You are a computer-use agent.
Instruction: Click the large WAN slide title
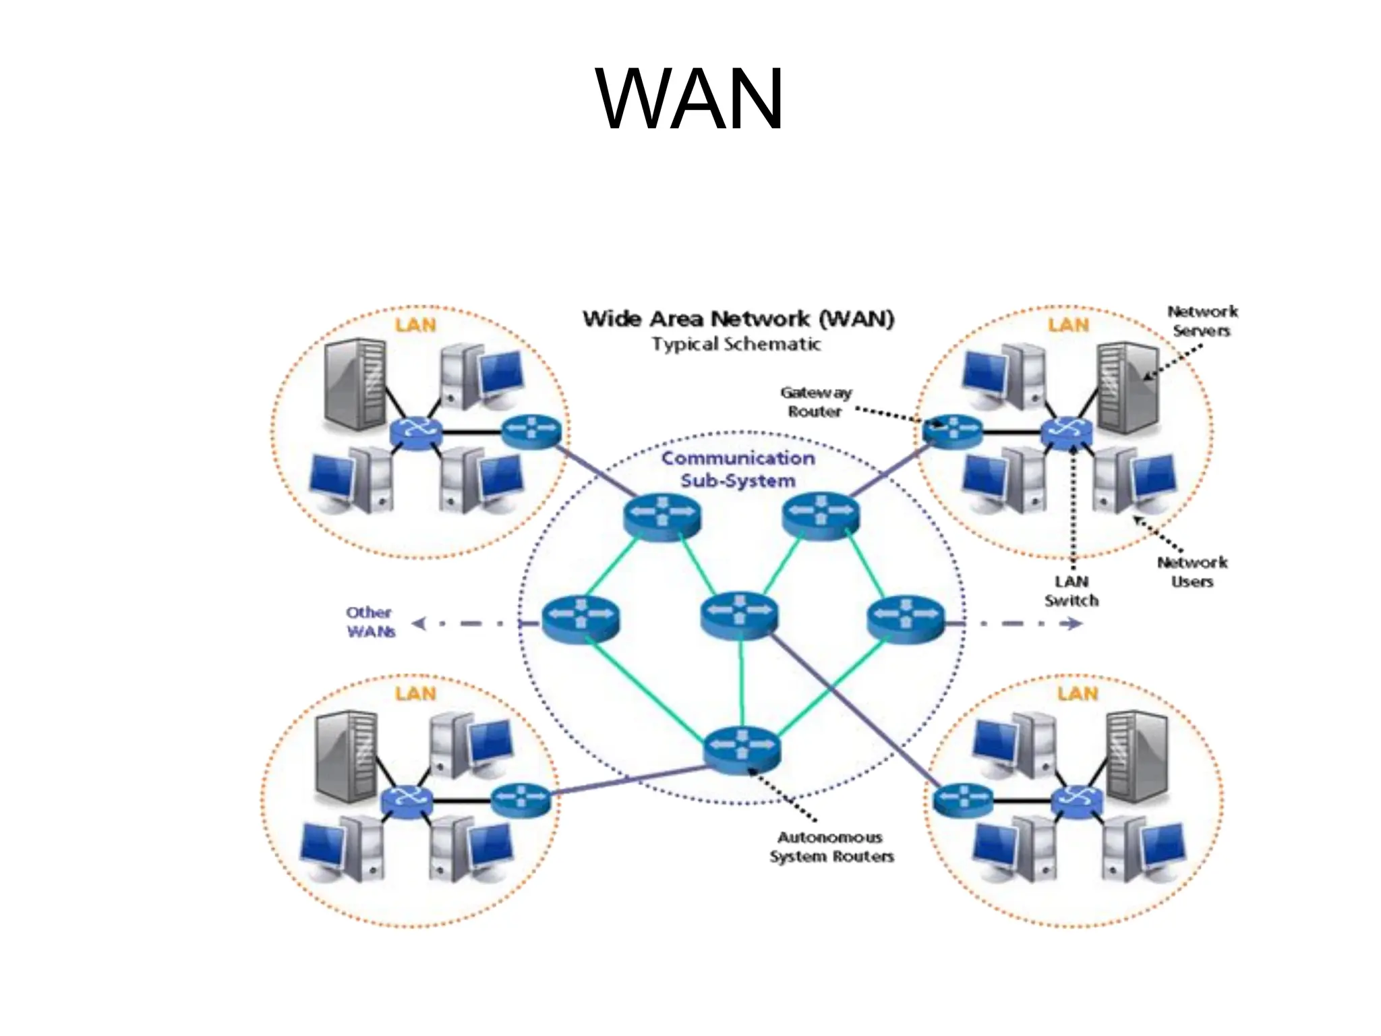point(689,100)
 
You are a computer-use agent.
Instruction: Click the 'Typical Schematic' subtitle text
point(736,345)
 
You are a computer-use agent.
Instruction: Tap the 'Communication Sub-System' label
point(738,469)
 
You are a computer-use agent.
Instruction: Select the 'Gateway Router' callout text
point(815,402)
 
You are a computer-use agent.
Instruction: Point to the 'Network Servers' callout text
point(1202,321)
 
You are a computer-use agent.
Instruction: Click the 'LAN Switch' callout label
point(1071,591)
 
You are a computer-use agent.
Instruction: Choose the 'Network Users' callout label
point(1192,572)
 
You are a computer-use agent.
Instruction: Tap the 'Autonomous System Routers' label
point(831,847)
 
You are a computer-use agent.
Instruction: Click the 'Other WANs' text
point(370,622)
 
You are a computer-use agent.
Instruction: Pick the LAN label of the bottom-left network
point(415,693)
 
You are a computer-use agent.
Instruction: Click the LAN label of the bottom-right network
point(1077,693)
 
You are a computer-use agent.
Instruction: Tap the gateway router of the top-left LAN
point(531,432)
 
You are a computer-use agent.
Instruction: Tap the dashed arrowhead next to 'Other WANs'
point(419,624)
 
